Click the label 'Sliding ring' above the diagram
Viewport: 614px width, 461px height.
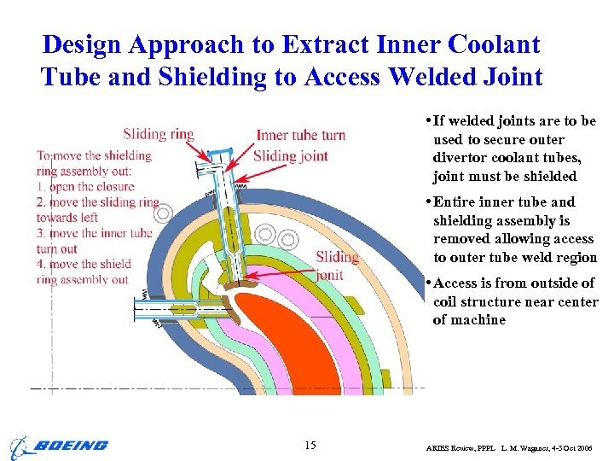tap(158, 134)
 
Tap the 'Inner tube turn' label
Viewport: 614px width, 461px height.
tap(300, 135)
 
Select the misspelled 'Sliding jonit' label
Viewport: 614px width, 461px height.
tap(337, 266)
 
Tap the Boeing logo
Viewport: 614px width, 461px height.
tap(60, 446)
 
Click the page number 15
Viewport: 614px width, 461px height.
tap(310, 445)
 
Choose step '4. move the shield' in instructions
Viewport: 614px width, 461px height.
tap(84, 264)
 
